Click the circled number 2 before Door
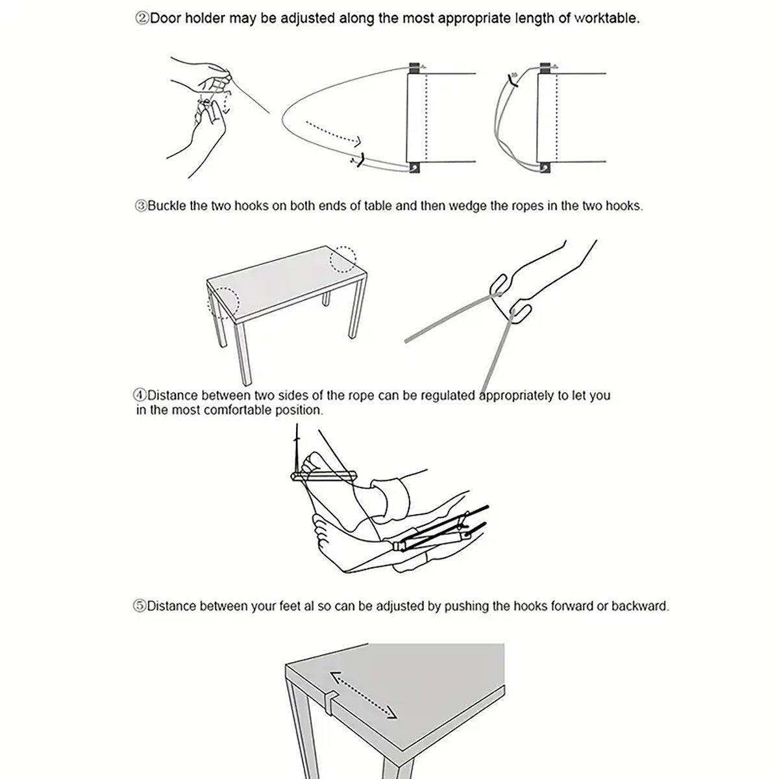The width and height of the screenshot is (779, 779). click(x=142, y=19)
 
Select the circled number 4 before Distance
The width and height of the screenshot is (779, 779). click(x=140, y=395)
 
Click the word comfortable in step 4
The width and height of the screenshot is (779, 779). click(x=238, y=410)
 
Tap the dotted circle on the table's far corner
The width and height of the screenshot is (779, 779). click(x=343, y=259)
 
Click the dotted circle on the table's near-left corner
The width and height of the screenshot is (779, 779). click(x=223, y=303)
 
